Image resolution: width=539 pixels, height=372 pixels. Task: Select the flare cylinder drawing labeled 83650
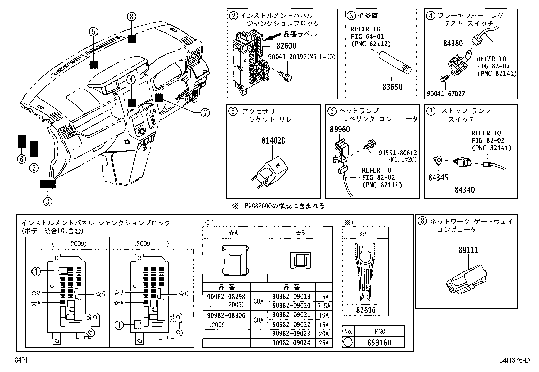coord(395,63)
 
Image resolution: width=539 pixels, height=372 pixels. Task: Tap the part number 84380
coord(453,43)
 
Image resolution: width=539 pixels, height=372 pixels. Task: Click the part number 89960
coord(340,129)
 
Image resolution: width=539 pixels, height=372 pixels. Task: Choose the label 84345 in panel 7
coord(438,177)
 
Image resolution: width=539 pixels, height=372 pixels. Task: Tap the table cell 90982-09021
coord(291,315)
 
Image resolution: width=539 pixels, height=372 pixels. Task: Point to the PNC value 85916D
coord(380,342)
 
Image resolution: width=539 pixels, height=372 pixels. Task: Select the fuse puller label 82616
coord(365,310)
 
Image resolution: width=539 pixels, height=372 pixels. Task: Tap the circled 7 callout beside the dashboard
coord(205,113)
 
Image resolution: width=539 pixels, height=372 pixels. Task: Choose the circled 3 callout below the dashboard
coord(48,202)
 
